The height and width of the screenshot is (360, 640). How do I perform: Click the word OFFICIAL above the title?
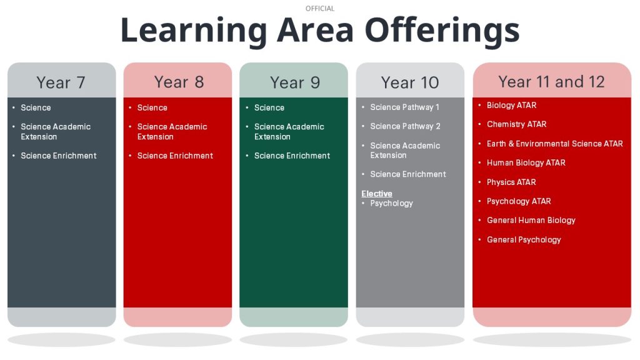[x=320, y=9]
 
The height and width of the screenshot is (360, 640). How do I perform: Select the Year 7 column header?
[x=61, y=82]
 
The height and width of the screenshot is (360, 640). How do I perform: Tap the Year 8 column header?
[x=179, y=82]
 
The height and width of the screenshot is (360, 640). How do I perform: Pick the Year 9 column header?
[x=295, y=82]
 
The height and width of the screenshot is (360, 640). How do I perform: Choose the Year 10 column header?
[x=410, y=82]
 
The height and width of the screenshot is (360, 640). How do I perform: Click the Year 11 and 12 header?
[x=551, y=82]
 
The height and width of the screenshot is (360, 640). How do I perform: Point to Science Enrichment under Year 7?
[x=59, y=156]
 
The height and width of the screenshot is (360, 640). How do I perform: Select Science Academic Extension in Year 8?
[x=172, y=131]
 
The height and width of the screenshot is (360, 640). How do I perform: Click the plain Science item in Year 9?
[x=269, y=107]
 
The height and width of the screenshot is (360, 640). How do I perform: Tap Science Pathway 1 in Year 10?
[x=405, y=107]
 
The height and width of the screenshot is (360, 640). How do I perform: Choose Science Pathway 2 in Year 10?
[x=405, y=126]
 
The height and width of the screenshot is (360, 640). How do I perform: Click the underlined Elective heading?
[x=377, y=194]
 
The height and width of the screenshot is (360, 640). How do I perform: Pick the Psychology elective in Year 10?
[x=391, y=203]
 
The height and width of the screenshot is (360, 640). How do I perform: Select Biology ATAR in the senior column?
[x=511, y=105]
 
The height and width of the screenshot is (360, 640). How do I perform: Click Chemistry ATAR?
[x=516, y=124]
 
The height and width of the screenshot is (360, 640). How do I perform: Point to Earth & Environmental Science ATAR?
[x=555, y=144]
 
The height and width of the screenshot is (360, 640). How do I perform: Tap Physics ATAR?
[x=511, y=182]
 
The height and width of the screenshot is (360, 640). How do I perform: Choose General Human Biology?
[x=531, y=221]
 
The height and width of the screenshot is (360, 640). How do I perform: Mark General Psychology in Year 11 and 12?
[x=524, y=239]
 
